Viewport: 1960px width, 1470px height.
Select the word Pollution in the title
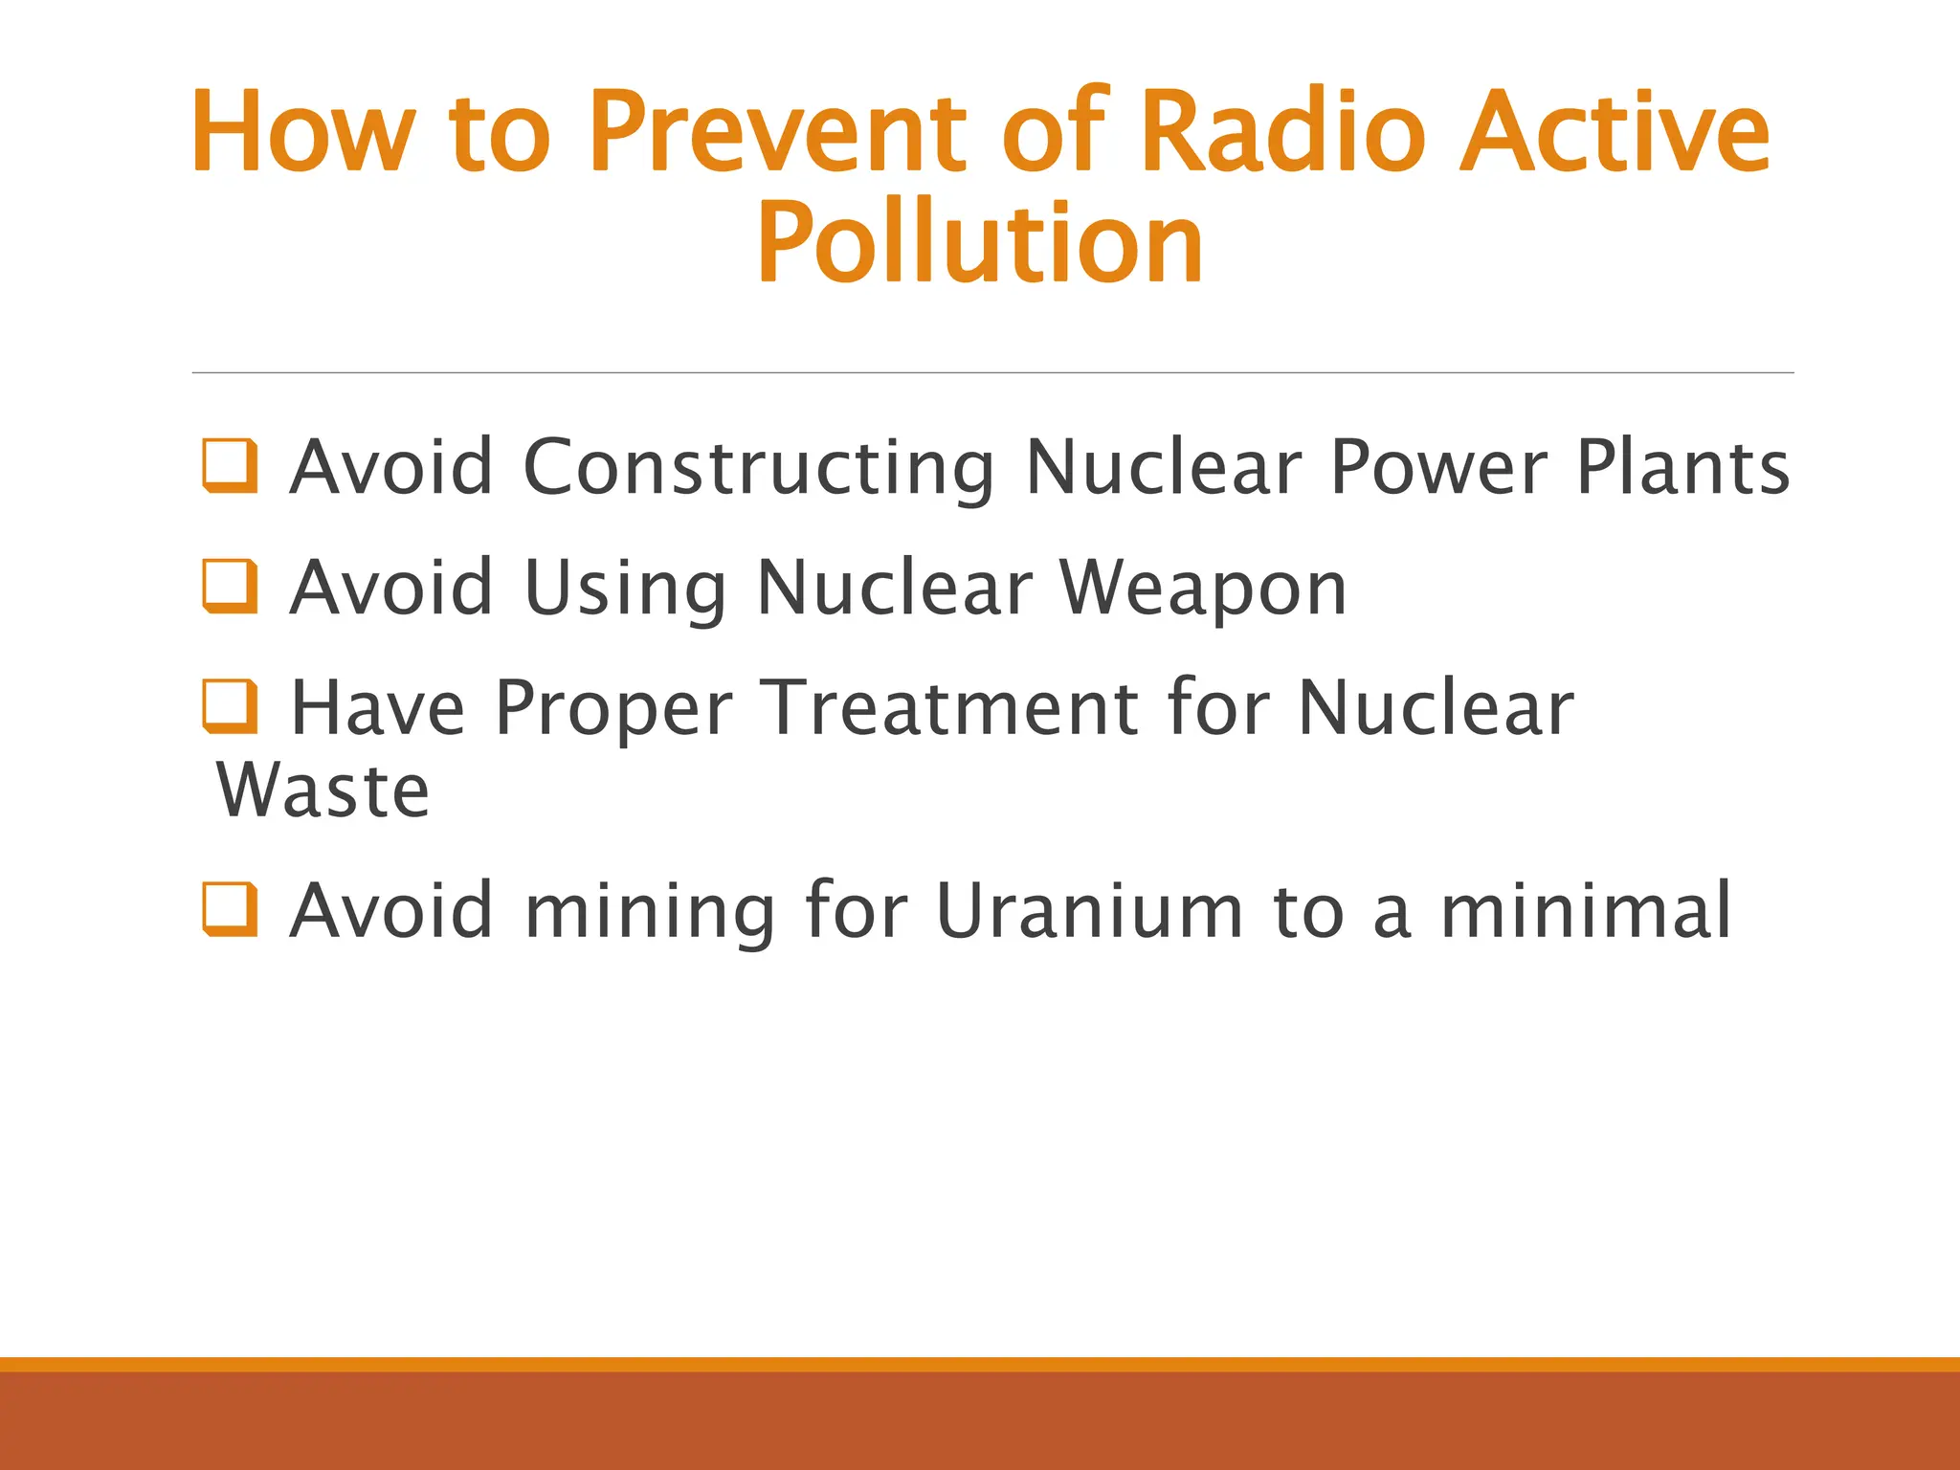pyautogui.click(x=979, y=244)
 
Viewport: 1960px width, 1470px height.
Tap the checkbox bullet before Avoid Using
pyautogui.click(x=231, y=587)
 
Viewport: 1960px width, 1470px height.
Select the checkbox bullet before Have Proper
pyautogui.click(x=231, y=706)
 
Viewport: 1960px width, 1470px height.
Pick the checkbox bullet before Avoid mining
pyautogui.click(x=231, y=909)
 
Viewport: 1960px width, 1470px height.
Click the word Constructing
pyautogui.click(x=759, y=468)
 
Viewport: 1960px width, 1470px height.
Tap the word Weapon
pyautogui.click(x=1204, y=588)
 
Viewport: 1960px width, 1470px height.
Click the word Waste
pyautogui.click(x=323, y=791)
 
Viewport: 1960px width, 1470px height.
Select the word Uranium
pyautogui.click(x=1089, y=909)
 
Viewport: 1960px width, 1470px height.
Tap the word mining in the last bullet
pyautogui.click(x=651, y=911)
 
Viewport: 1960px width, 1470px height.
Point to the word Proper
pyautogui.click(x=613, y=709)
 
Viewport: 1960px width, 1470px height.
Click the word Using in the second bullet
pyautogui.click(x=627, y=588)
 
